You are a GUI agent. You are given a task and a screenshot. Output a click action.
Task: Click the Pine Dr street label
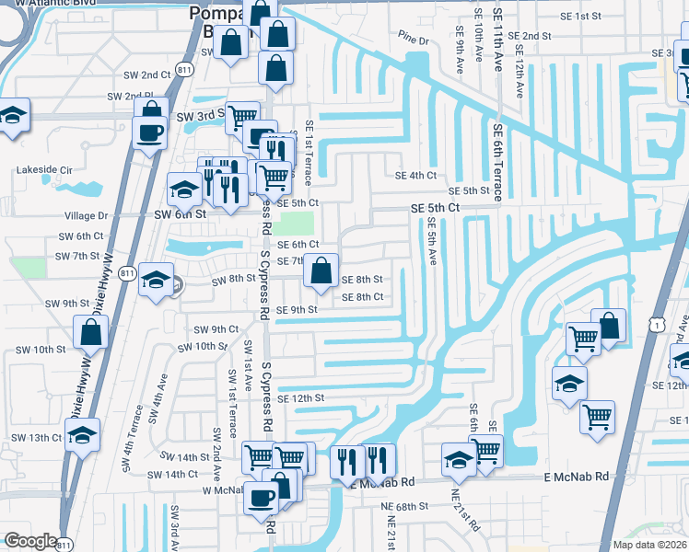tap(414, 40)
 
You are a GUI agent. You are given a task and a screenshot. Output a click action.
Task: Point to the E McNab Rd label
tap(577, 477)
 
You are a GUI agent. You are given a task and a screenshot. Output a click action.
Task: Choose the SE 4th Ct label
tap(415, 176)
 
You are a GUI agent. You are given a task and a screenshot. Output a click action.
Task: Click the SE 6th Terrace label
tap(497, 162)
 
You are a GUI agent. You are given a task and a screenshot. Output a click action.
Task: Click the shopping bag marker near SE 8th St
tap(321, 271)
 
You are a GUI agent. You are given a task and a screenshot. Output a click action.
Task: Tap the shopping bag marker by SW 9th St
tap(91, 333)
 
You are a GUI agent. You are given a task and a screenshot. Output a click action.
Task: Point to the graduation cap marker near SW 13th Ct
tap(83, 434)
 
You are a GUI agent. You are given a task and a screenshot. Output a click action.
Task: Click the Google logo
tap(30, 541)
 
